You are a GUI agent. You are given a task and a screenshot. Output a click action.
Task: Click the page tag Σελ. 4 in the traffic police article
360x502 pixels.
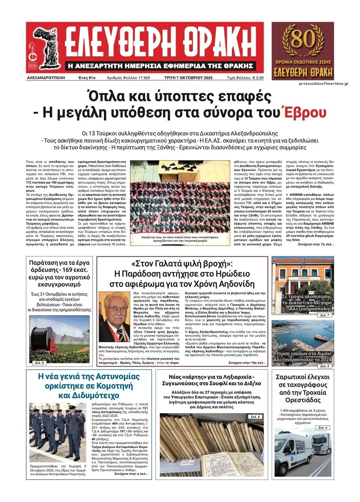pyautogui.click(x=323, y=427)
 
